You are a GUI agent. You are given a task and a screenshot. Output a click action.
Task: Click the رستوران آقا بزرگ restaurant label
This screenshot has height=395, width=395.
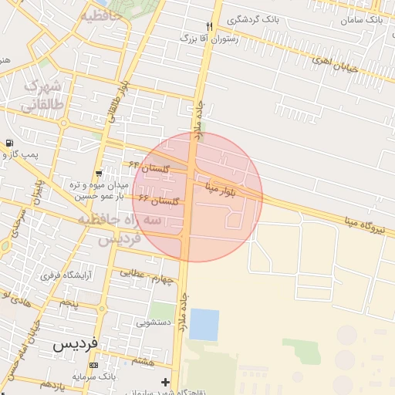[209, 37]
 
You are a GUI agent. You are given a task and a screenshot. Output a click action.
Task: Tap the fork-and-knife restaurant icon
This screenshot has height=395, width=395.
[210, 26]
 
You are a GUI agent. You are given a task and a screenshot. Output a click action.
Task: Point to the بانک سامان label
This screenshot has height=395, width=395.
[363, 17]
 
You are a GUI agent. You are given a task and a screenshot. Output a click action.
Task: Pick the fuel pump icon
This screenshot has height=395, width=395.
[8, 143]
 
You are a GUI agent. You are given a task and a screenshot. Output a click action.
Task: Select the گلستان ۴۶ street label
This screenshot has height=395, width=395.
[159, 201]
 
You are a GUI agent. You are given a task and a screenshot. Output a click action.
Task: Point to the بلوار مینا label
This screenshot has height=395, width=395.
[224, 187]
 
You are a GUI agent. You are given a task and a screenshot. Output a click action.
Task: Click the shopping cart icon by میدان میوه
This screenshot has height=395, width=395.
[99, 173]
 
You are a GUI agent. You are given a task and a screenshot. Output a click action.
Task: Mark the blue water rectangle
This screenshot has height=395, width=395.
[204, 324]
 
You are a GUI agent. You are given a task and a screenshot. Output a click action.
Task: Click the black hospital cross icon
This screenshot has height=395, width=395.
[165, 382]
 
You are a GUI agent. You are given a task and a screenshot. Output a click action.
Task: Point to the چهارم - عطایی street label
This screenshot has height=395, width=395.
[150, 275]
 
